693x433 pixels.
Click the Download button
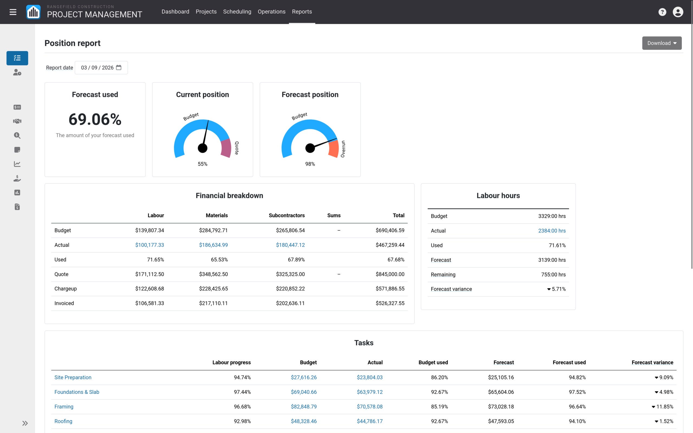pos(662,43)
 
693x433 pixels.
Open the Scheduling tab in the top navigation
pos(237,12)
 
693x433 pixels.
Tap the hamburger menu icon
pos(13,12)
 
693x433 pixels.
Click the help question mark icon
pos(662,12)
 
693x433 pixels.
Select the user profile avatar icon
pos(678,12)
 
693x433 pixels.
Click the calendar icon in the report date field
pos(119,68)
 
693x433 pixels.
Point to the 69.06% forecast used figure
pos(95,119)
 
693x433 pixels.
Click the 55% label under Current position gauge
pos(202,164)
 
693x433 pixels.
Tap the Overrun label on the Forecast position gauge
pos(343,149)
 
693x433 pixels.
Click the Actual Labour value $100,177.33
pos(149,245)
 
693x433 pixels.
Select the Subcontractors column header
pos(287,215)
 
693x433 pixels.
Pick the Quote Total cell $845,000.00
pos(390,274)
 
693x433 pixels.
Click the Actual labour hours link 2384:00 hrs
pos(552,231)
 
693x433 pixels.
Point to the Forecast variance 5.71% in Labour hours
pos(556,289)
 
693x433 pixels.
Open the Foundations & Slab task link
pos(77,392)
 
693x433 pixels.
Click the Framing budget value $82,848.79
pos(303,406)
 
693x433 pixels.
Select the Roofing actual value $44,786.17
pos(370,421)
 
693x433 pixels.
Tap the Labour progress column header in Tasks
pos(231,362)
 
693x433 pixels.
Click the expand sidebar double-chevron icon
pos(25,423)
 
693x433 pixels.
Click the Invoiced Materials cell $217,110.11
pos(213,303)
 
